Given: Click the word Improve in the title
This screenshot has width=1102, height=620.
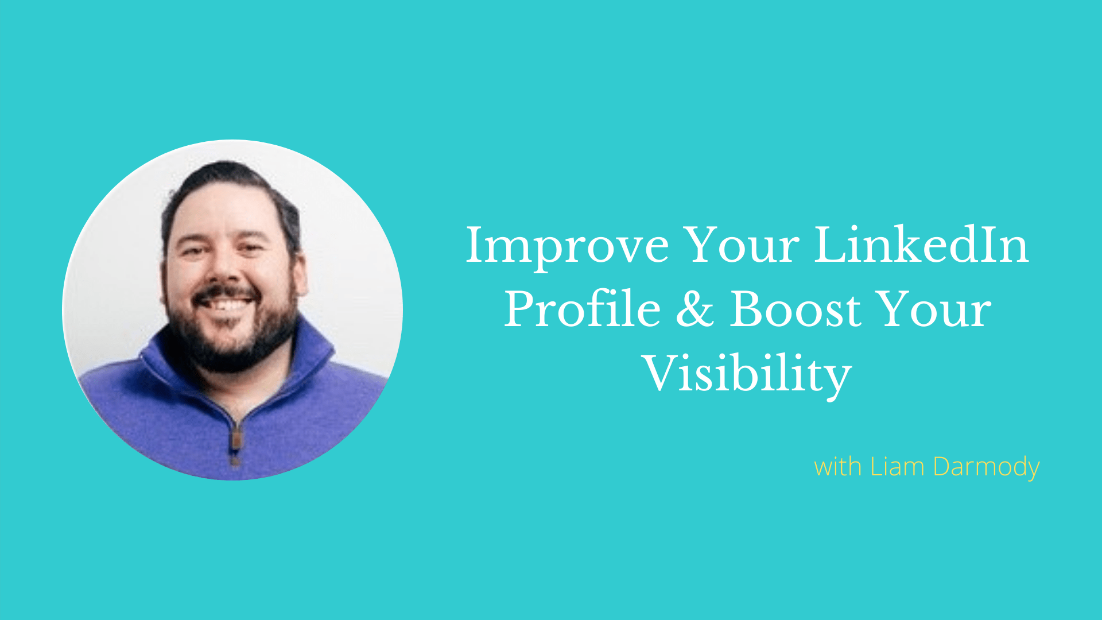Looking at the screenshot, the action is tap(567, 247).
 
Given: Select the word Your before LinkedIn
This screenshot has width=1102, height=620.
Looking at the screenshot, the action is tap(742, 245).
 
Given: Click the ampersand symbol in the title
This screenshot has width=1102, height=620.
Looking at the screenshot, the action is tap(695, 309).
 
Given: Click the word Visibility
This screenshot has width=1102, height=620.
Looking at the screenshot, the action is tap(747, 374).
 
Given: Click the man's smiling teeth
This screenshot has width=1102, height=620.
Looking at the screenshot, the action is tap(226, 303).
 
